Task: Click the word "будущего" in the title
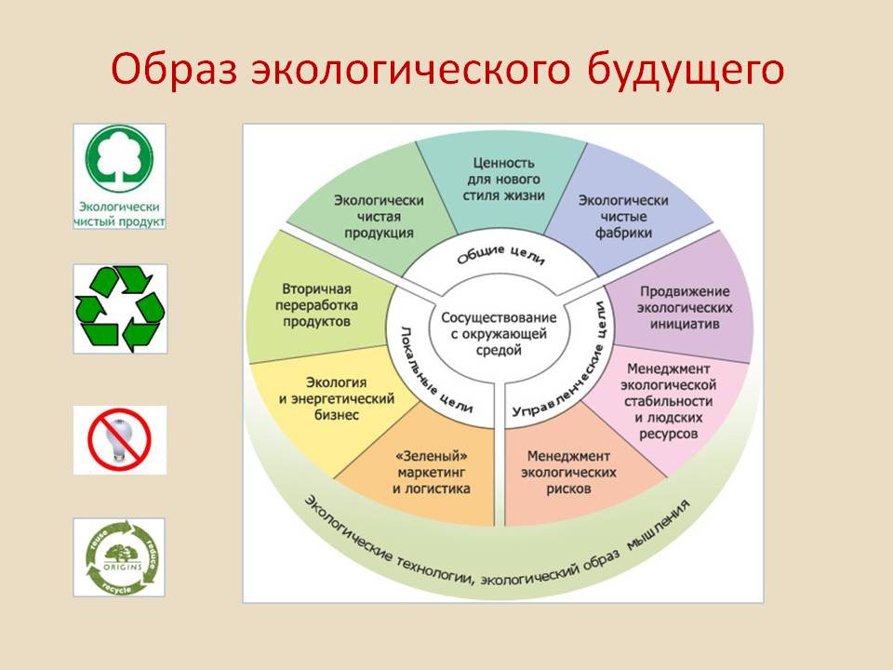pyautogui.click(x=686, y=70)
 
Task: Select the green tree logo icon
pyautogui.click(x=119, y=159)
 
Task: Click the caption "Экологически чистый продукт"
pyautogui.click(x=119, y=214)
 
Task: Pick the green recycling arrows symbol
pyautogui.click(x=120, y=308)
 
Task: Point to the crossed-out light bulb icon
pyautogui.click(x=119, y=439)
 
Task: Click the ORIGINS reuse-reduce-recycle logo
pyautogui.click(x=120, y=557)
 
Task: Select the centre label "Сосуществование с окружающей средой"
pyautogui.click(x=499, y=333)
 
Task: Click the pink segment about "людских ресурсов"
pyautogui.click(x=668, y=401)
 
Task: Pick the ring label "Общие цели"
pyautogui.click(x=500, y=255)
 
